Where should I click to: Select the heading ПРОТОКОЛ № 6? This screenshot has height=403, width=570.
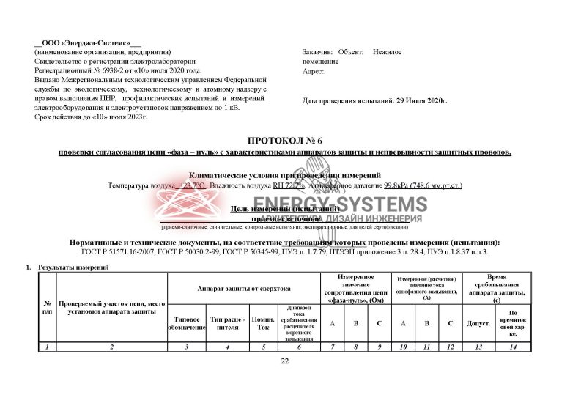coord(285,140)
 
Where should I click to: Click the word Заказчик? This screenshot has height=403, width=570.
coord(317,53)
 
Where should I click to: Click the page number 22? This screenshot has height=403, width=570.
coord(285,361)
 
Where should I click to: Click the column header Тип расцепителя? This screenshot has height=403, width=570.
coord(225,323)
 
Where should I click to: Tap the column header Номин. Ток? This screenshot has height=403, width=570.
coord(262,323)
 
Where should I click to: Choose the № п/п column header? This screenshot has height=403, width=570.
coord(47,307)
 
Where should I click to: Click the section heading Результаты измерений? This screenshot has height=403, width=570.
coord(73,267)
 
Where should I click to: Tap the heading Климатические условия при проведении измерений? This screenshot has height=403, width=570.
coord(285,176)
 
